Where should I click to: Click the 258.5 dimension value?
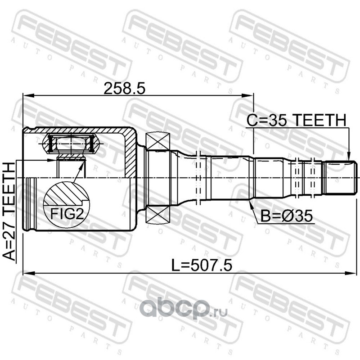pos(125,89)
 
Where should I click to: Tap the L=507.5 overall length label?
pos(202,265)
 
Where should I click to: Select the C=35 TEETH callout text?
pos(296,120)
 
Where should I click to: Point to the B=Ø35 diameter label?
pos(287,216)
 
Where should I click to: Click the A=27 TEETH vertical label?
pos(9,211)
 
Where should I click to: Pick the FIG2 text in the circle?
pos(67,213)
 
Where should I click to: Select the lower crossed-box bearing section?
pos(158,214)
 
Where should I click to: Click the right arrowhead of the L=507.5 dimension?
pos(351,273)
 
